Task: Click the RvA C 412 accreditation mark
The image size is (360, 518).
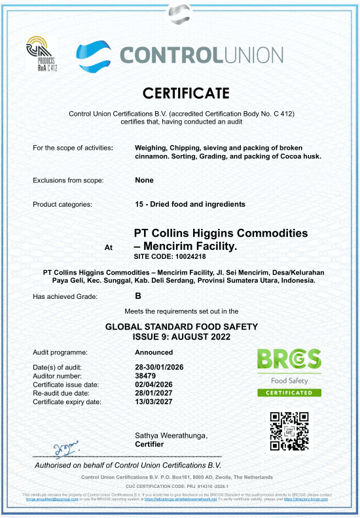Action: tap(42, 55)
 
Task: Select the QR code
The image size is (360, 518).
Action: tap(289, 431)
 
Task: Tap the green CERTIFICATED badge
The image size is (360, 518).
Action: tap(289, 392)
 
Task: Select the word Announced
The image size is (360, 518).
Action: tap(153, 352)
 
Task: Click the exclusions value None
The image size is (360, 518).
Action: tap(144, 180)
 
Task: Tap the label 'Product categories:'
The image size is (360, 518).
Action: tap(62, 205)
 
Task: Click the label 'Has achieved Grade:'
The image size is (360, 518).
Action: tap(65, 296)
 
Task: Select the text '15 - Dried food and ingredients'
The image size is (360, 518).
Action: tap(190, 205)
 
